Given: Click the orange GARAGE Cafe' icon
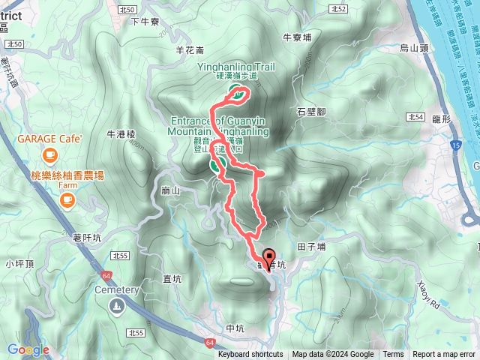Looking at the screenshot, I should coord(49,155).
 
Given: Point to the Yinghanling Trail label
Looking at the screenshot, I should coord(236,67).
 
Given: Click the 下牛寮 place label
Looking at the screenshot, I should coord(145,22).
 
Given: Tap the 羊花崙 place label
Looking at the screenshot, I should coord(189,50).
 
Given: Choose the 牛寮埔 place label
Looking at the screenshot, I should coord(296,36).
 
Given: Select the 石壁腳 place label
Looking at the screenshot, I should coord(310,111).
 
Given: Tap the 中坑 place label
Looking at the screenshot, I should coord(235,328).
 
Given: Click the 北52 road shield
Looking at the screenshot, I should coord(339,9).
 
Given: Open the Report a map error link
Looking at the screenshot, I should coord(443,355).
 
